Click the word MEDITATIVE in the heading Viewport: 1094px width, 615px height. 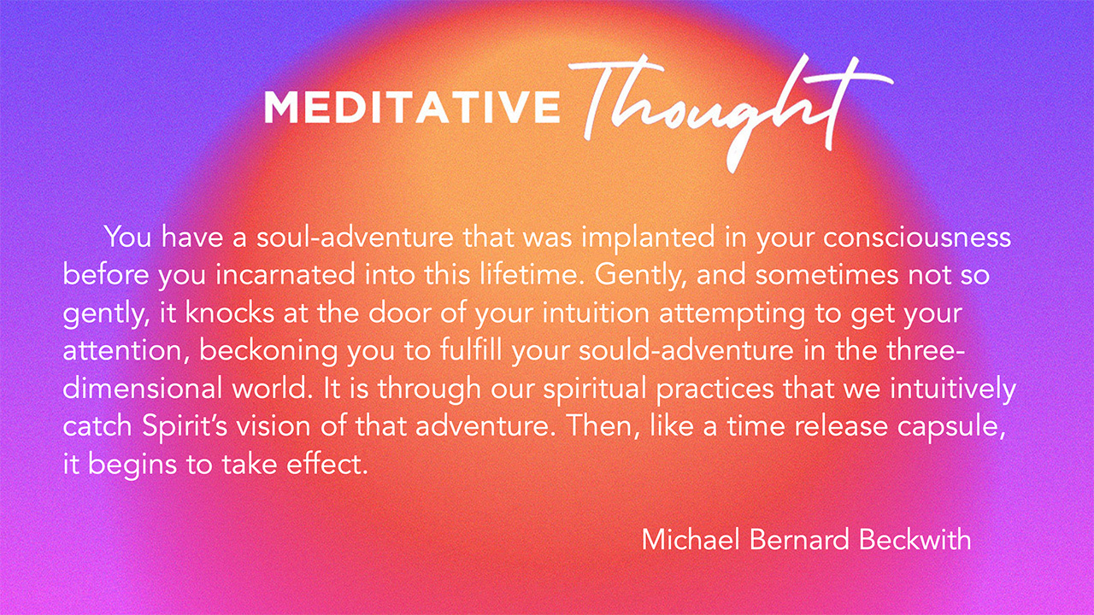(412, 107)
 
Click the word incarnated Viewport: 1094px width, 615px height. (285, 275)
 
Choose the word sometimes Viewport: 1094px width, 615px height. (826, 275)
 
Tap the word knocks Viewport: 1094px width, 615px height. (230, 313)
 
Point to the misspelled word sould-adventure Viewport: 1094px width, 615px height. (686, 350)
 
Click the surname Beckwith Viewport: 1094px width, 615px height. (915, 540)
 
